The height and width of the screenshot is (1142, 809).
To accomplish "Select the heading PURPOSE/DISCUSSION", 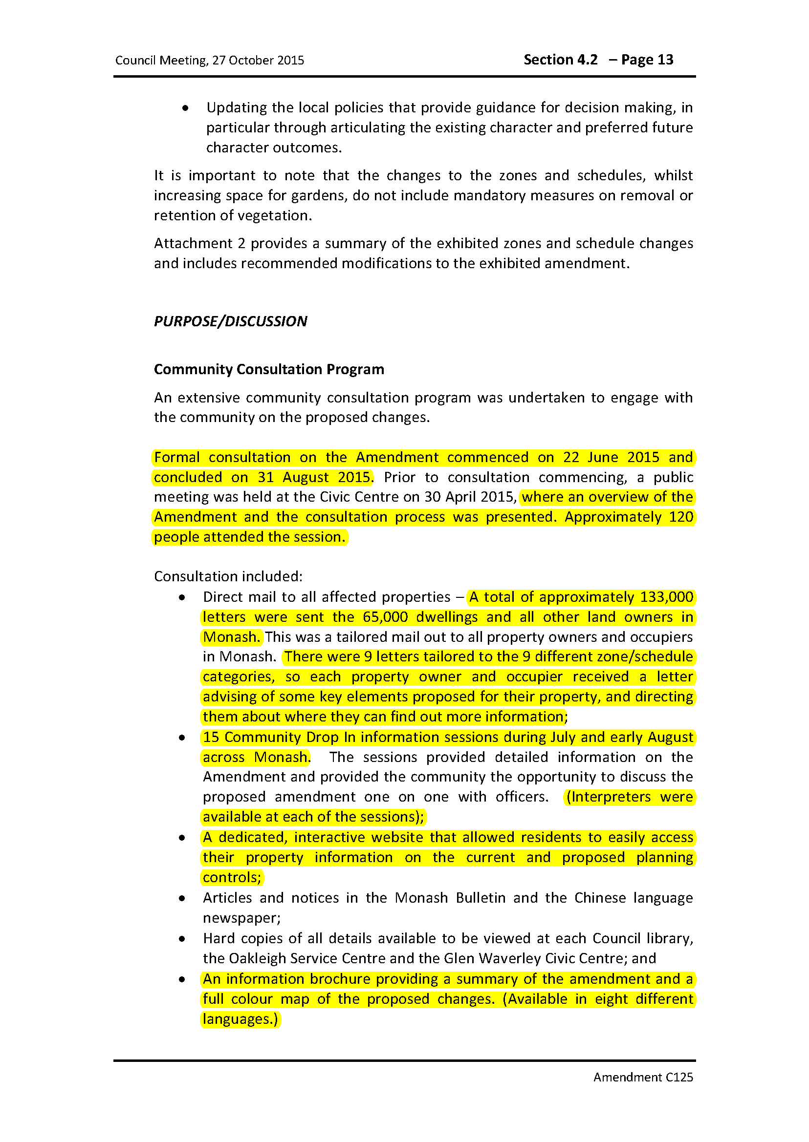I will click(230, 321).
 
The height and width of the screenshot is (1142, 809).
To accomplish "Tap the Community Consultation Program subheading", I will click(269, 369).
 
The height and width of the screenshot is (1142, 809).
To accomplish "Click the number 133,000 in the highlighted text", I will click(667, 597).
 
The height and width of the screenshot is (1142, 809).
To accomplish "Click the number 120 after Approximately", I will click(681, 517).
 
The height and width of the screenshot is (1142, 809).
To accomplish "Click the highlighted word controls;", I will click(232, 877).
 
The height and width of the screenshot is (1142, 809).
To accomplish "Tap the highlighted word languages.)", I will click(240, 1019).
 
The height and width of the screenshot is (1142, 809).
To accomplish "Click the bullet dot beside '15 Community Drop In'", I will click(182, 738).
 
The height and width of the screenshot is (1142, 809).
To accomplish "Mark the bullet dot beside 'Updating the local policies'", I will click(185, 108).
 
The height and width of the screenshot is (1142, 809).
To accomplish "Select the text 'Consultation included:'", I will click(228, 576).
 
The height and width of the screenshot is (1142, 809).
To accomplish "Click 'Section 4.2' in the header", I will click(560, 60).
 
